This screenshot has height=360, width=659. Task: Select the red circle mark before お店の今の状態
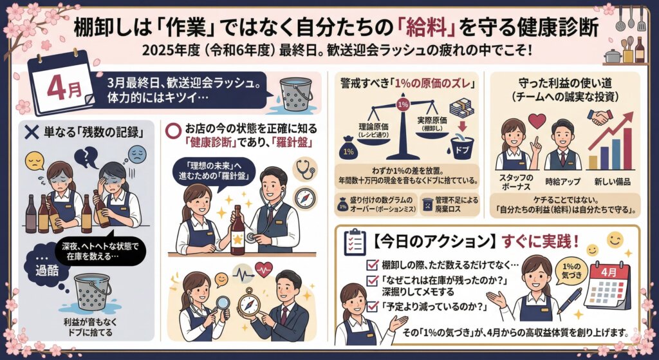coord(172,128)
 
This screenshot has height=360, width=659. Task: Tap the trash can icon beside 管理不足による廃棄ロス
coord(426,205)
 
